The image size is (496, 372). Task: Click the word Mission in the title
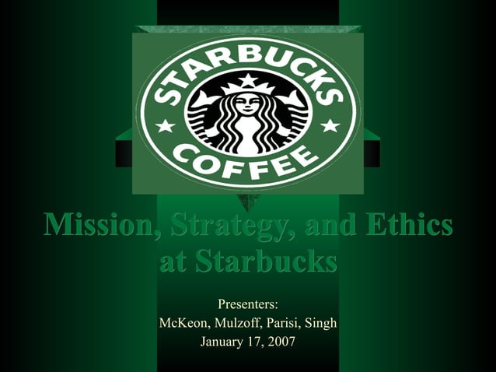pos(90,226)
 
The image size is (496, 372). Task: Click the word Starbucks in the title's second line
pos(268,262)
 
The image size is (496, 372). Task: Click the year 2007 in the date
pos(281,341)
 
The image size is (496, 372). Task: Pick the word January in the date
pos(224,341)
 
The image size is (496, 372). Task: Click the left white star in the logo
pos(166,125)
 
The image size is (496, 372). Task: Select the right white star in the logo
pos(330,125)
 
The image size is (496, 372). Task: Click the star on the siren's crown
pos(247,80)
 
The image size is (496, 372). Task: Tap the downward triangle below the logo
pos(248,204)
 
